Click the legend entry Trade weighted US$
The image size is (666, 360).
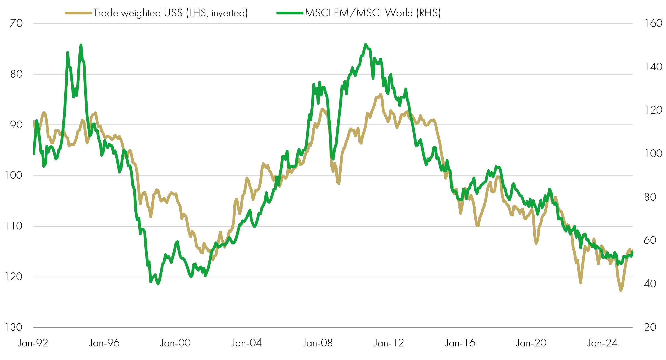coord(170,13)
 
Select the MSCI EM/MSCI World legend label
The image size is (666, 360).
coord(373,13)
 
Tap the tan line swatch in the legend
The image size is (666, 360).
coord(78,13)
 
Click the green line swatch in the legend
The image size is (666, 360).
coord(290,13)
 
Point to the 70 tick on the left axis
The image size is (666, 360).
coord(16,23)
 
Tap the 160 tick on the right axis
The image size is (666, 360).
coord(653,23)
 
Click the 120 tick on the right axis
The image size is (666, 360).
coord(653,110)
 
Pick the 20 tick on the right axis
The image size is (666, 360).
coord(650,327)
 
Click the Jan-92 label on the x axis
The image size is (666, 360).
coord(33,343)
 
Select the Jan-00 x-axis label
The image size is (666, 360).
coord(175,343)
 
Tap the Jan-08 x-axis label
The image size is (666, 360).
coord(318,343)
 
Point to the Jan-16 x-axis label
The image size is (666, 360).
coord(460,343)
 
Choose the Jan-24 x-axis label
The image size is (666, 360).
coord(602,343)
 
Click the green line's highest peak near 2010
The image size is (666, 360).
coord(366,44)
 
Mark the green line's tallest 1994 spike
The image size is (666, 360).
coord(81,45)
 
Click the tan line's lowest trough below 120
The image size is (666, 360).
coord(621,290)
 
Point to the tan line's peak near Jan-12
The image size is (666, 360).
coord(381,94)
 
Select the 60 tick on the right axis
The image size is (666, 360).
coord(650,240)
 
